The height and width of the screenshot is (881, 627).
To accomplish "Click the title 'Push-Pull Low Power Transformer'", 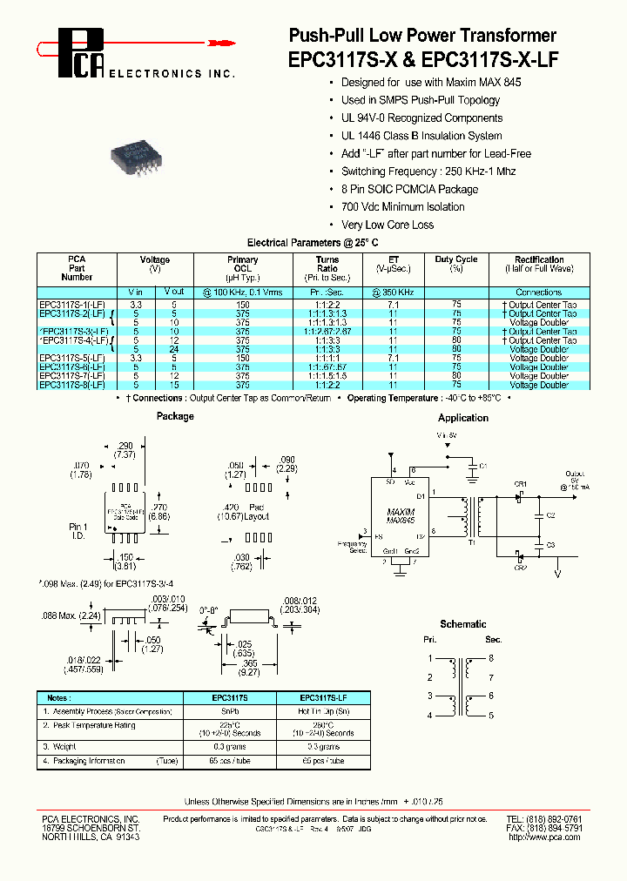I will (421, 35).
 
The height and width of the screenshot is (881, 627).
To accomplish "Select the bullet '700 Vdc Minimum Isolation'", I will (402, 206).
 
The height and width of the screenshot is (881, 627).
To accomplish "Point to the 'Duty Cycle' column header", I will (455, 259).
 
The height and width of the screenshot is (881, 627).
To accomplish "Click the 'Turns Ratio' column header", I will (327, 265).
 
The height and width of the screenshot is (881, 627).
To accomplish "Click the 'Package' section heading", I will (175, 416).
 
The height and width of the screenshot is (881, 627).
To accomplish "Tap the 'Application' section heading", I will (462, 418).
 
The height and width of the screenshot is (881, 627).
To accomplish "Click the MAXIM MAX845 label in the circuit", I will (401, 514).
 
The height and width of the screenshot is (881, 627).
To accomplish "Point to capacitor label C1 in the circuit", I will (483, 466).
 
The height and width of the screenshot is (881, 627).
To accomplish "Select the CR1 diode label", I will (519, 483).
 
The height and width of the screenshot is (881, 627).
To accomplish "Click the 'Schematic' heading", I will (463, 624).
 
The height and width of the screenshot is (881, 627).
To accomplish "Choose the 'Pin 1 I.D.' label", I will (78, 531).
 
